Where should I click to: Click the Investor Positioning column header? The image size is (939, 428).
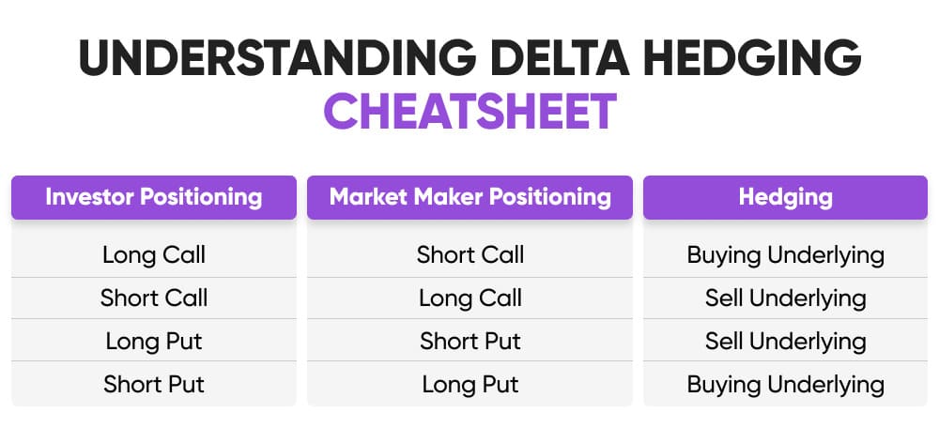tap(154, 197)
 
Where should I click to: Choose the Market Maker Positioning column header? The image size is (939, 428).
tap(469, 197)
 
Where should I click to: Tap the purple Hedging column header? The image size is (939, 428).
tap(785, 197)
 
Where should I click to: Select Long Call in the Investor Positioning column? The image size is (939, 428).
tap(154, 254)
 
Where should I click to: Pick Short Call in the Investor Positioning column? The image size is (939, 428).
tap(154, 298)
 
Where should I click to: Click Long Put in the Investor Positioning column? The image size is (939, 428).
tap(154, 341)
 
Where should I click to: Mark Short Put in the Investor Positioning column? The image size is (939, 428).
tap(154, 384)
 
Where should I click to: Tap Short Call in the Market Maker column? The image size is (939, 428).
tap(469, 254)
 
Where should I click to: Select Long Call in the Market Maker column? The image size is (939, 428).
tap(469, 298)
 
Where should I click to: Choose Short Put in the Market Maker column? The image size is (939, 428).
tap(469, 341)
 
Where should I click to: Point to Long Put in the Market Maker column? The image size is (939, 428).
tap(469, 384)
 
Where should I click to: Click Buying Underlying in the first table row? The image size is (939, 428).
tap(785, 254)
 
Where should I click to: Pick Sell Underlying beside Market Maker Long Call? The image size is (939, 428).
tap(785, 298)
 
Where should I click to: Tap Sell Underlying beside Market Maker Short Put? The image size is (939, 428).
tap(785, 341)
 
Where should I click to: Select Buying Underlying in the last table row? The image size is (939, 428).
tap(785, 384)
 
